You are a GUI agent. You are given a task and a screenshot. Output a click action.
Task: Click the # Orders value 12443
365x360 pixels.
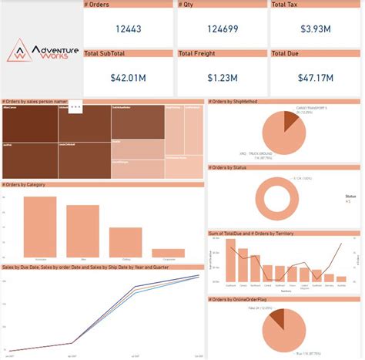click(x=127, y=29)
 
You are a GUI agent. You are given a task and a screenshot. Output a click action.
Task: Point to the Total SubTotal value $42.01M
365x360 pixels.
click(x=127, y=77)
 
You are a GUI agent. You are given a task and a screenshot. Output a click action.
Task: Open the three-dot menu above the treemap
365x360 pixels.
click(x=75, y=108)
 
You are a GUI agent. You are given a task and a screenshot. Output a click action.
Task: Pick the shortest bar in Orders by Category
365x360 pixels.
click(x=168, y=252)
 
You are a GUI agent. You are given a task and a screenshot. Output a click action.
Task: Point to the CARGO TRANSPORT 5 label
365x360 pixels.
click(x=313, y=109)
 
